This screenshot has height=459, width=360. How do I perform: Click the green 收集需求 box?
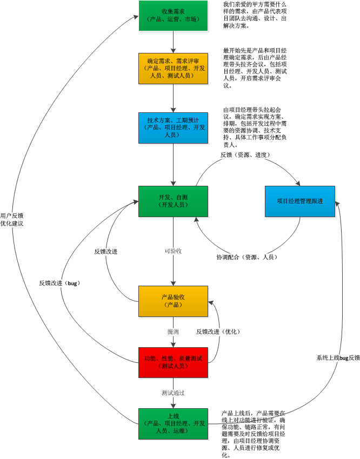point(173,16)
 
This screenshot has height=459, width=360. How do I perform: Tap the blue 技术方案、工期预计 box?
point(173,127)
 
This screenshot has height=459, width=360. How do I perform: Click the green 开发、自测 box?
point(173,201)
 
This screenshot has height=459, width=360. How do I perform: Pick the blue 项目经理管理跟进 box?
point(300,201)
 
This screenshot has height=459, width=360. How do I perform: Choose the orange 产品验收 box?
point(173,301)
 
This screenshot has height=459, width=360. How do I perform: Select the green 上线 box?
point(173,423)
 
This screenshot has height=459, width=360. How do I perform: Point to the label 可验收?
point(173,251)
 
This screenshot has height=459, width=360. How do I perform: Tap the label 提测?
point(173,331)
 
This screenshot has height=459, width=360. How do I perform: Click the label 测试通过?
point(173,393)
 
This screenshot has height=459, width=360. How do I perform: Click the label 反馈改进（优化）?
point(218,331)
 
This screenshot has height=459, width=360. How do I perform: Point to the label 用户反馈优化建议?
point(12,219)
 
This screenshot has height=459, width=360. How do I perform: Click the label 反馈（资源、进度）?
point(245,155)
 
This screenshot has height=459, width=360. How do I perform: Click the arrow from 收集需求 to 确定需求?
point(173,41)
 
